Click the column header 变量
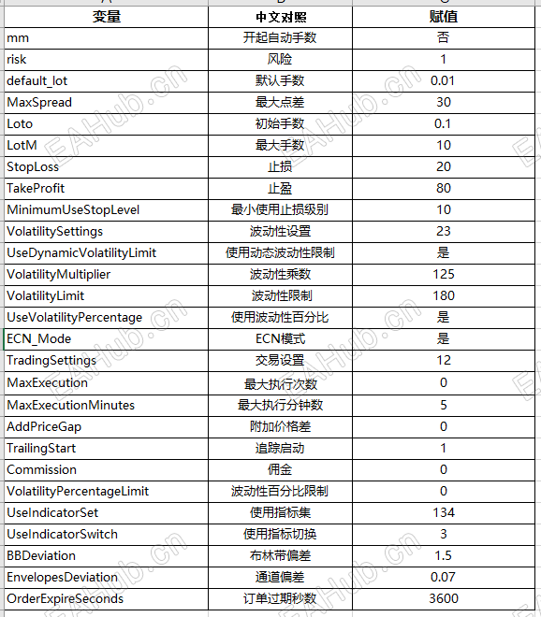[107, 16]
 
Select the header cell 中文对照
[281, 16]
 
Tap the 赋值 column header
[443, 16]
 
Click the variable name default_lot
[37, 80]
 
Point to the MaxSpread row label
[39, 102]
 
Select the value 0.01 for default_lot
[443, 80]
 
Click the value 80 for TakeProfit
[443, 188]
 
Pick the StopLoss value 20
[443, 166]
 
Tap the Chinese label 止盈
[281, 188]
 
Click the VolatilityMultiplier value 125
[443, 274]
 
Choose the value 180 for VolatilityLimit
[443, 295]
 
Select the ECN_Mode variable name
[39, 338]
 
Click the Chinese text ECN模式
[281, 338]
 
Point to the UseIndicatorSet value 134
[443, 512]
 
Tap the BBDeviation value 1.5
[443, 555]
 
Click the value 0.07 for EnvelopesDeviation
[443, 577]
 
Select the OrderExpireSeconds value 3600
[443, 598]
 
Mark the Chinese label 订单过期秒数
[281, 598]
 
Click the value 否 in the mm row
[443, 37]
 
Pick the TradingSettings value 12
[443, 360]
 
